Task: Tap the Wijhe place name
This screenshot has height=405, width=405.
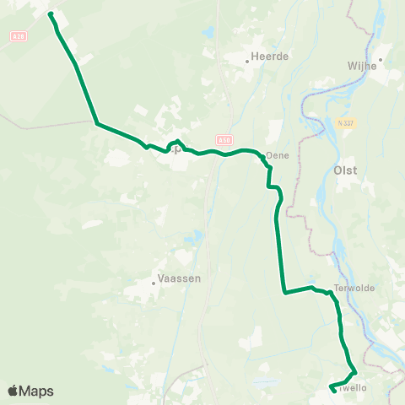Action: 361,65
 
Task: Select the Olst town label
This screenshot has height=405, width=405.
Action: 346,170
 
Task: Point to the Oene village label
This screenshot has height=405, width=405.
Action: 278,155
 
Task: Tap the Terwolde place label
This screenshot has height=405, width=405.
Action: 354,288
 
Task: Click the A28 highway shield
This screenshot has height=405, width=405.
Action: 19,36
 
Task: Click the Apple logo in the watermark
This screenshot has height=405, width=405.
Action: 14,391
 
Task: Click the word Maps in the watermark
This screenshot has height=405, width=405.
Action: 38,391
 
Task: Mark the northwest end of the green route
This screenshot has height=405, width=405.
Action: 51,14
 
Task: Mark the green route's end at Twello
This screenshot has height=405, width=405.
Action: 331,388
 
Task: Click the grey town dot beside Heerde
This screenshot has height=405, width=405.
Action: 247,61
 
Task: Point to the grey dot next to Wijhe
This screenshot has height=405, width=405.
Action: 381,60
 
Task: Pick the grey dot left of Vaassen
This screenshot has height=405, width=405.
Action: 154,283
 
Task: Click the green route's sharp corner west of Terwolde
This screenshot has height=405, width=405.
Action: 285,294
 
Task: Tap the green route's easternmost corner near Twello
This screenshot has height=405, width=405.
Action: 356,371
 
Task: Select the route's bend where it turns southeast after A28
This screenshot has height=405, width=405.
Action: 98,124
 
